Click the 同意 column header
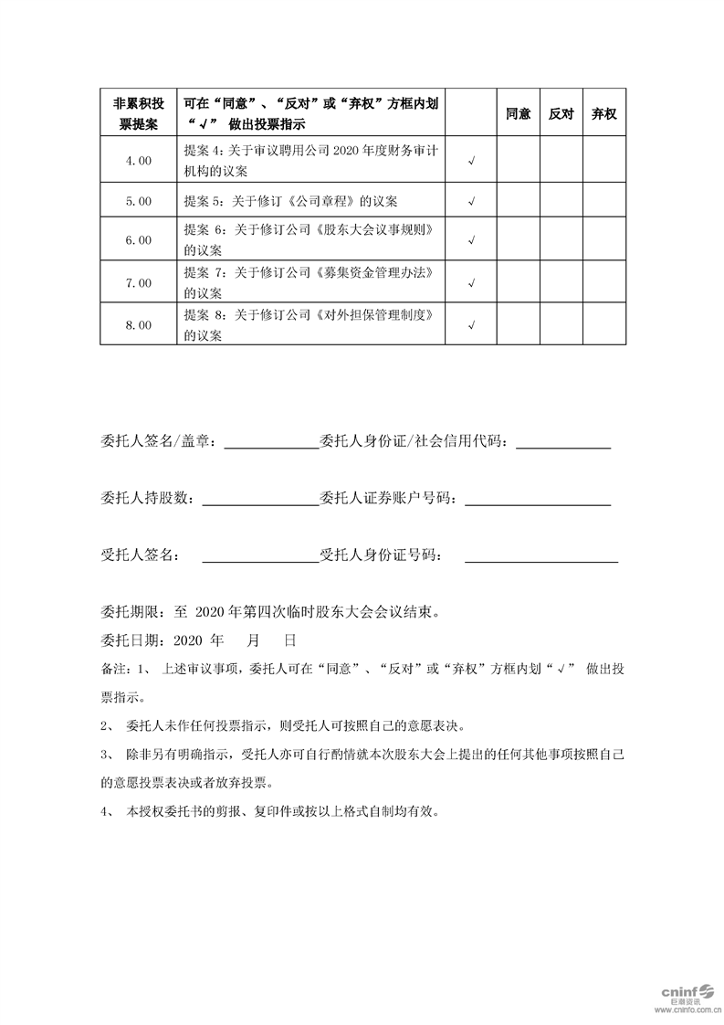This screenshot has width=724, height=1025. pos(518,114)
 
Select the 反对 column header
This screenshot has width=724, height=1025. pos(561,114)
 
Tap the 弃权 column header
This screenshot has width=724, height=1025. pos(604,114)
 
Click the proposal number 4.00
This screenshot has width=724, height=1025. pos(139,161)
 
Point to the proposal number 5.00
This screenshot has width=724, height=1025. pos(139,201)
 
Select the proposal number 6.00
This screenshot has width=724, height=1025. pos(139,240)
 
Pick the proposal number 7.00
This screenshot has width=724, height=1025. pos(139,283)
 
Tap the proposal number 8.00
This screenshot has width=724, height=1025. pos(139,325)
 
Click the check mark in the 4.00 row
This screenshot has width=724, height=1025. pos(471,162)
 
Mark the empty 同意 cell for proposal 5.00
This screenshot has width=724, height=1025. pos(518,201)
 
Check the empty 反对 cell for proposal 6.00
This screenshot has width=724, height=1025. pos(561,240)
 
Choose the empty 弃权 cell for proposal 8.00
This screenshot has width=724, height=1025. pos(604,325)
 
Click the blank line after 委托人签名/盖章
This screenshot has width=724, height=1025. pos(270,445)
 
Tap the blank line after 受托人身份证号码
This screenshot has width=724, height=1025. pos(540,556)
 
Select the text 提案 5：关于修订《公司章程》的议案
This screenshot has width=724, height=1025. pos(290,201)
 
